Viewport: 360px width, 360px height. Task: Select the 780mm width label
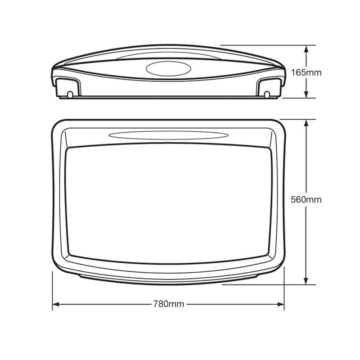pyautogui.click(x=169, y=305)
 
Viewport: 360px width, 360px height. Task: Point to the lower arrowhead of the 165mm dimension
pyautogui.click(x=306, y=94)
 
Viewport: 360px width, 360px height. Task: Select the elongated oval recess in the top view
pyautogui.click(x=168, y=135)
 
